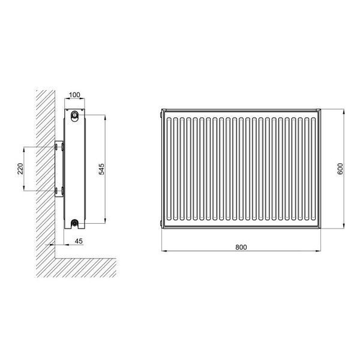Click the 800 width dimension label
pos(241,247)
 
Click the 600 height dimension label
pos(340,169)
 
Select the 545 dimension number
pos(101,169)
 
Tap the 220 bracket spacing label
pos(20,169)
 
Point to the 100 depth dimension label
pos(74,95)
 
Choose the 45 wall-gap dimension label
pos(79,241)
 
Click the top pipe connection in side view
pos(74,115)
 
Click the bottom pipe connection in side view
pos(74,223)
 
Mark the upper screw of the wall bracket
pos(56,147)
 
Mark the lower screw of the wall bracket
pos(56,191)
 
